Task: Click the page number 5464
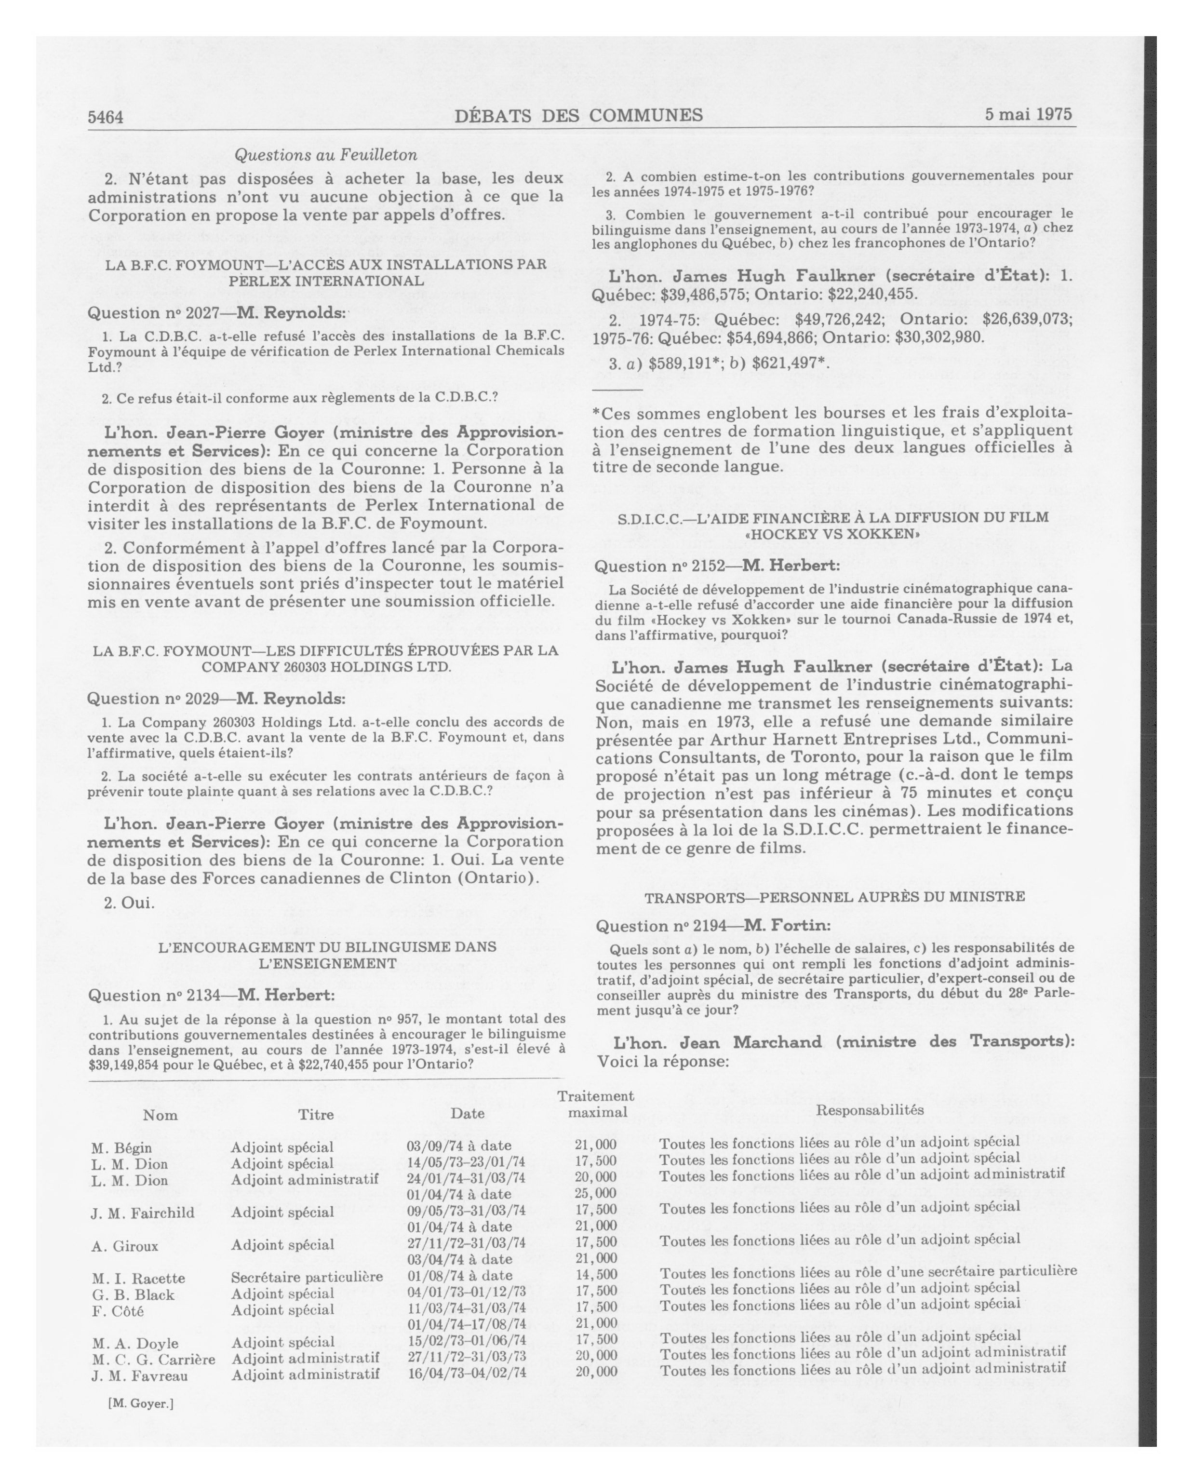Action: click(105, 117)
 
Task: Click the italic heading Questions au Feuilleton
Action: click(325, 155)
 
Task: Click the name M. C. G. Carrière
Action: click(153, 1359)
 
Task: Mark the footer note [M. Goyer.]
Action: click(140, 1403)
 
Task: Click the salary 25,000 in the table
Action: click(595, 1193)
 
